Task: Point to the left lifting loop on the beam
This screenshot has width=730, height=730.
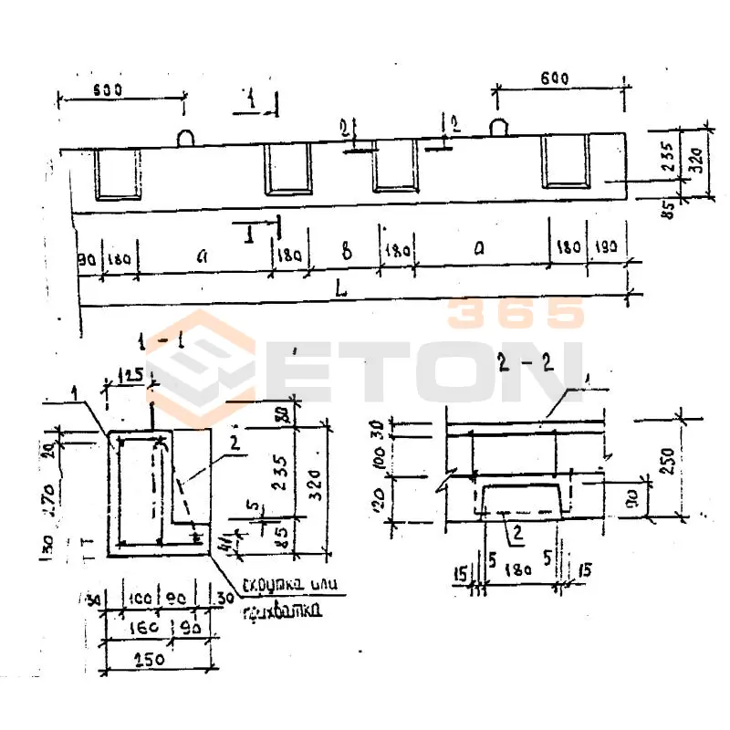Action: click(x=184, y=137)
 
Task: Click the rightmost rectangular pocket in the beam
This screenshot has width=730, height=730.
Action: click(x=567, y=162)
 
